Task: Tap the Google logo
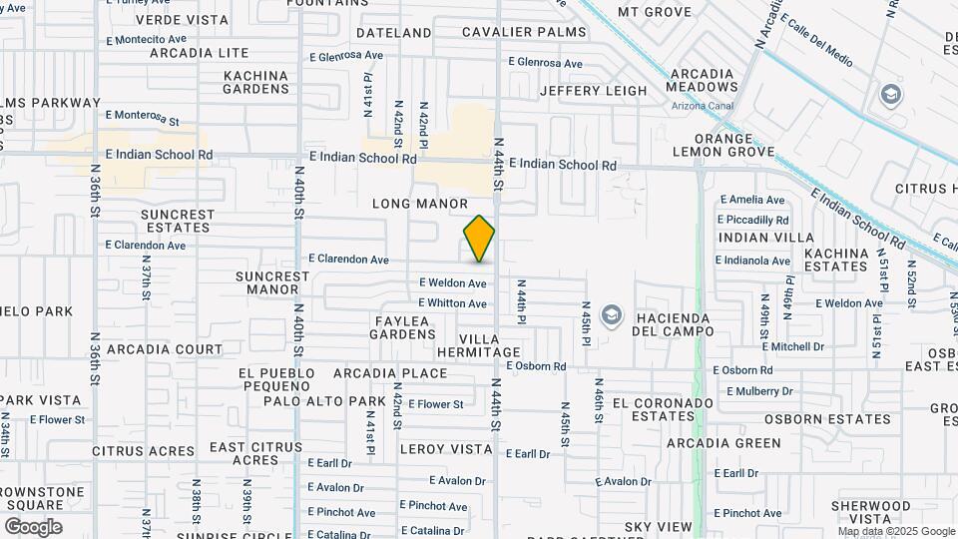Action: point(33,527)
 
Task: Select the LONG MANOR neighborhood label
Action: point(420,204)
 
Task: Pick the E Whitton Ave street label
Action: point(452,303)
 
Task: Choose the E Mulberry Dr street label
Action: point(759,392)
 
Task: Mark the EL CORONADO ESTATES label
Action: point(664,410)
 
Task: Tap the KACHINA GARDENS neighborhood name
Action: point(255,82)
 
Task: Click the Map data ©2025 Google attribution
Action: point(896,532)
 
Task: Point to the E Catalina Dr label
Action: point(433,531)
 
